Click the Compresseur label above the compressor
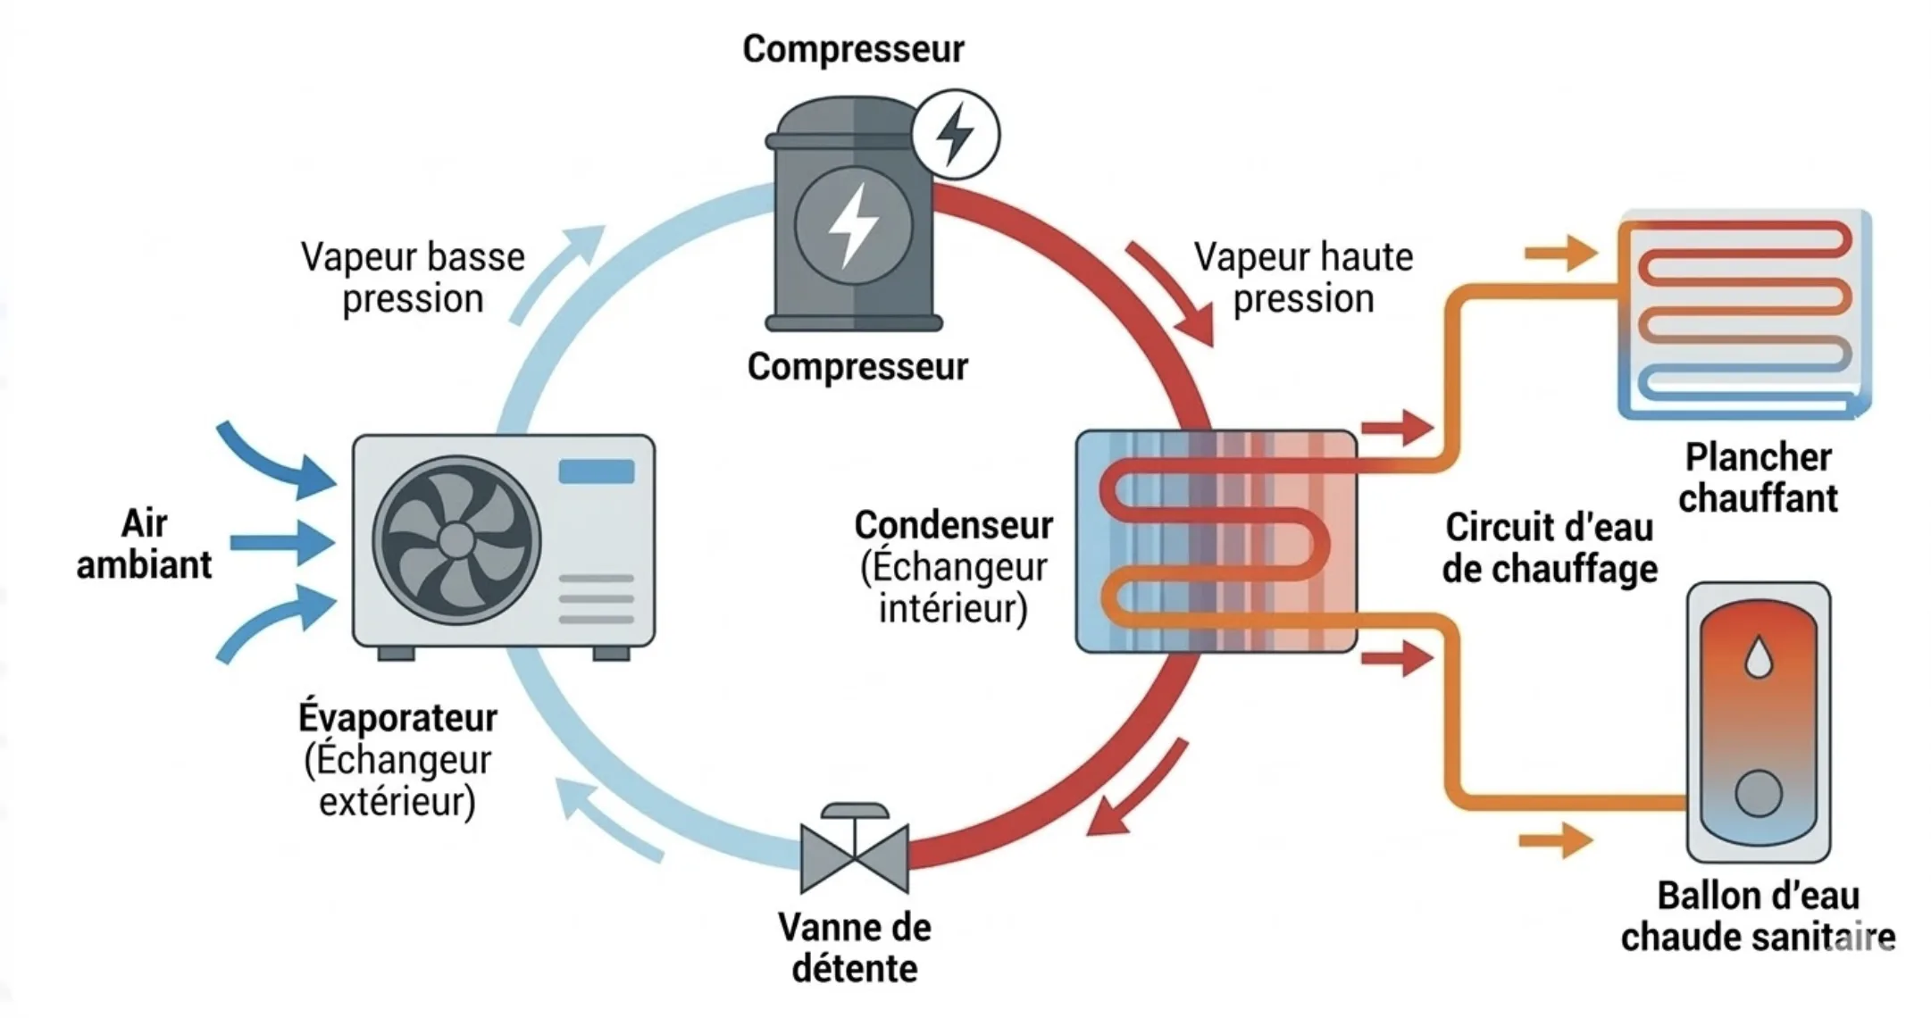point(853,49)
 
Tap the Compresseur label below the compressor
point(857,367)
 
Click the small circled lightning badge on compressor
point(955,135)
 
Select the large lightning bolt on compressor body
point(852,225)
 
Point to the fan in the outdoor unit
point(456,540)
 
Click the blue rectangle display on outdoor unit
point(597,471)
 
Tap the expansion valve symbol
point(855,853)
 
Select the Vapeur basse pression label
point(413,278)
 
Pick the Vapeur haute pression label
point(1303,278)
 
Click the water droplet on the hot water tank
point(1759,657)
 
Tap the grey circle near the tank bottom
point(1759,793)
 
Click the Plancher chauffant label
point(1758,478)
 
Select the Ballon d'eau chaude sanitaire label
point(1758,916)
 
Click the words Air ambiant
point(144,544)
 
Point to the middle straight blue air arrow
point(282,542)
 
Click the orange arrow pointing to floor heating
point(1560,254)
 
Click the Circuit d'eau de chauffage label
point(1550,547)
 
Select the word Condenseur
point(953,525)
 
